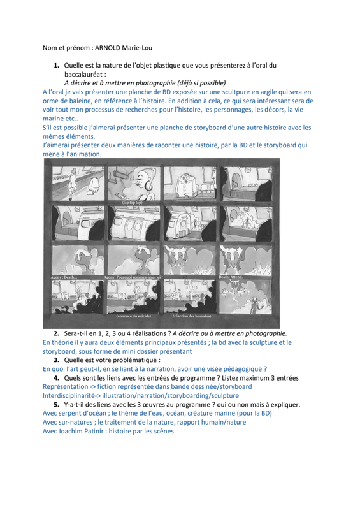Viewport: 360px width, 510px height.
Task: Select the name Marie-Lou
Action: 137,48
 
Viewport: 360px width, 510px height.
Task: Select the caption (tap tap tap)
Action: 133,202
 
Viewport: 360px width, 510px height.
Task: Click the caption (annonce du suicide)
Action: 134,316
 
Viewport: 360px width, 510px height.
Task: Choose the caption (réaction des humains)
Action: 192,316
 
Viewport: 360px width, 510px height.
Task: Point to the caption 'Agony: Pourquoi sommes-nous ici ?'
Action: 133,277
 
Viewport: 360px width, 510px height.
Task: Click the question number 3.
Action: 56,360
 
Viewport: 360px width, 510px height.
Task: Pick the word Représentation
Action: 66,387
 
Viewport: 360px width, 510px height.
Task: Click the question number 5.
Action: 56,405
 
